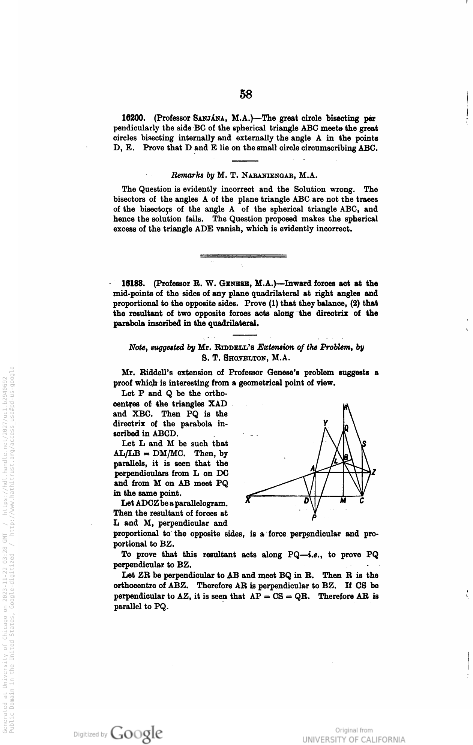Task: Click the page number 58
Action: (x=246, y=94)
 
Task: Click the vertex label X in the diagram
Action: (x=248, y=499)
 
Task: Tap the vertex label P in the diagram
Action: (x=314, y=518)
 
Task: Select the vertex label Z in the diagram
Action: (x=374, y=473)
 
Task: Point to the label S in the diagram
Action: (x=364, y=445)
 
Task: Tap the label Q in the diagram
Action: (x=347, y=427)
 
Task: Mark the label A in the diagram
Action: (x=312, y=468)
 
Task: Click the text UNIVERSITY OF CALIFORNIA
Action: (x=354, y=739)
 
